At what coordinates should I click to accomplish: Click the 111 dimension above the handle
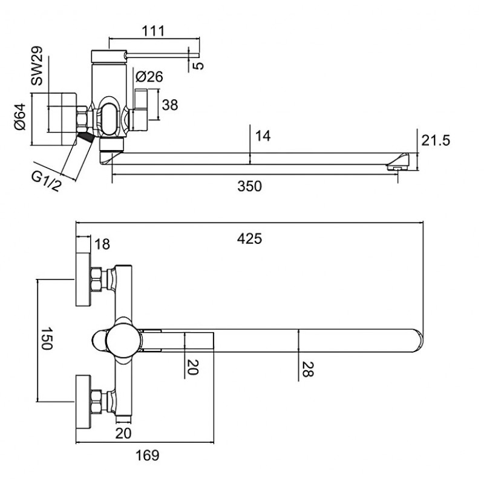point(154,31)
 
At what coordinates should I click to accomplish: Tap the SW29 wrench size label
point(37,66)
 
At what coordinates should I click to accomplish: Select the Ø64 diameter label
point(20,117)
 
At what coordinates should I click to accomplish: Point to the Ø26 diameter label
point(149,77)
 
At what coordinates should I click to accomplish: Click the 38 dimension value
point(170,105)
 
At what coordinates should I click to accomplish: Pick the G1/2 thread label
point(47,181)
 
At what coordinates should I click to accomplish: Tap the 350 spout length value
point(249,186)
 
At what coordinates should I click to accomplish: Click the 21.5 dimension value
point(436,140)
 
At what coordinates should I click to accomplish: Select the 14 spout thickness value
point(263,136)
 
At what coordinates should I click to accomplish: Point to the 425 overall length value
point(249,238)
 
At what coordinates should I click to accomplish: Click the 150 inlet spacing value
point(47,339)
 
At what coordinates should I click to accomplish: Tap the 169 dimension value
point(148,456)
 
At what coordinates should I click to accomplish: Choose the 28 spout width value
point(307,369)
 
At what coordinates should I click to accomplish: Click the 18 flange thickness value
point(102,244)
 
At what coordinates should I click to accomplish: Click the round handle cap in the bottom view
point(124,340)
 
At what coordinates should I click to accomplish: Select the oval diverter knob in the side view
point(110,119)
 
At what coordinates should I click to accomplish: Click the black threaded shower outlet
point(85,136)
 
